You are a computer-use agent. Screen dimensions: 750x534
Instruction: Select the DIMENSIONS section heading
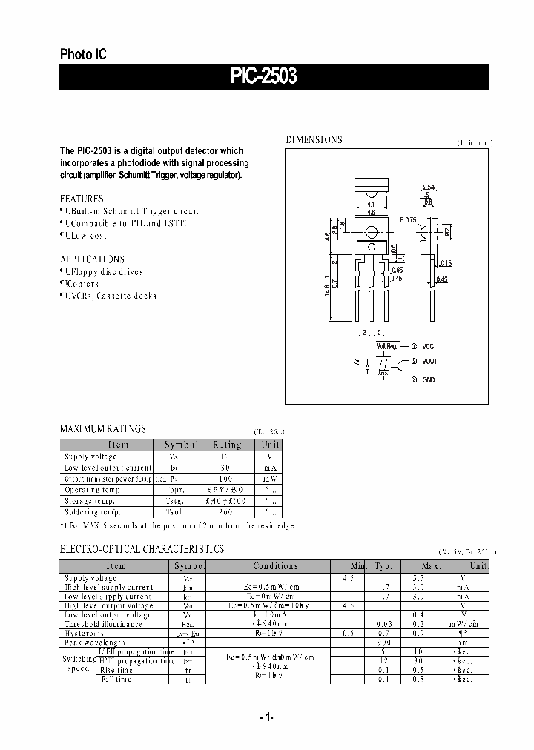(x=314, y=139)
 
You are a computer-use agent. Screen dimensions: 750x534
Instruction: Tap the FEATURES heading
(x=82, y=199)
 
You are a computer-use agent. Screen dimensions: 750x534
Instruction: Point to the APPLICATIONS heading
(x=92, y=259)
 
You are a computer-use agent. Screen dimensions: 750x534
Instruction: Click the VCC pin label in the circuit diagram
(x=429, y=346)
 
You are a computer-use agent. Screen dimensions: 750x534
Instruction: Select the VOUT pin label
(x=430, y=362)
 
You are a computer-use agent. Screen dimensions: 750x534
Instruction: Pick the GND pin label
(x=429, y=379)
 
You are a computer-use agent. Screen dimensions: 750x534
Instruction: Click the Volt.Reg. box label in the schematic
(x=387, y=346)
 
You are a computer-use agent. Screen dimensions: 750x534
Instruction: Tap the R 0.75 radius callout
(x=409, y=220)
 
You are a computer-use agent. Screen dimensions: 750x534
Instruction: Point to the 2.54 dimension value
(x=429, y=187)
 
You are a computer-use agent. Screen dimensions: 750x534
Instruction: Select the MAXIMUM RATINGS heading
(x=102, y=428)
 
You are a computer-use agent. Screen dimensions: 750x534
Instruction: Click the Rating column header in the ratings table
(x=227, y=445)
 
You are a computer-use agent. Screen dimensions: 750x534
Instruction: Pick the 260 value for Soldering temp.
(x=227, y=512)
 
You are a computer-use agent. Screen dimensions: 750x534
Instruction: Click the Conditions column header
(x=275, y=566)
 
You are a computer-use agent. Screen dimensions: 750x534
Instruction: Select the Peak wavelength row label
(x=95, y=643)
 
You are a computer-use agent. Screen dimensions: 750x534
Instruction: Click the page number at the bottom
(x=267, y=717)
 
